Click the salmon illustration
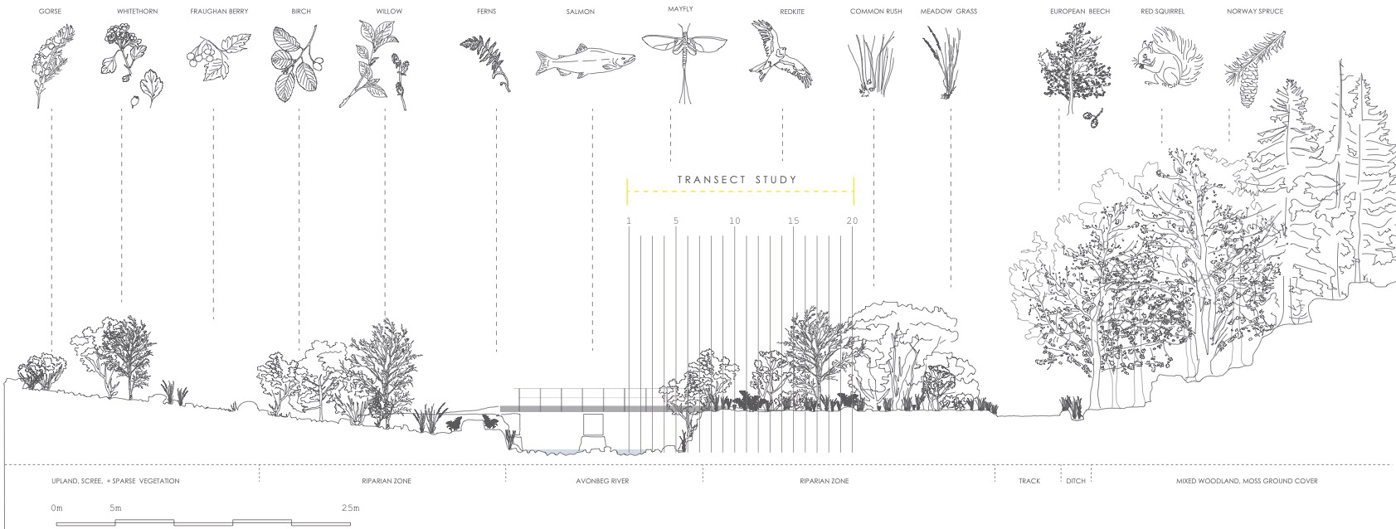click(x=585, y=61)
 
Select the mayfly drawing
click(x=684, y=58)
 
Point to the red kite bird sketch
click(x=781, y=54)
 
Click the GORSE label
click(x=50, y=12)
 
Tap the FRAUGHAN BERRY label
click(x=219, y=12)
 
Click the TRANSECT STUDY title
click(x=737, y=180)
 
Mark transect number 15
click(x=794, y=221)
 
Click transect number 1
click(x=630, y=221)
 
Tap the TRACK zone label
click(x=1029, y=481)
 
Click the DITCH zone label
click(x=1075, y=481)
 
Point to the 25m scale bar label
click(x=350, y=507)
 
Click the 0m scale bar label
click(x=56, y=507)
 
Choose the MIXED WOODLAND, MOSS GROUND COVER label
click(x=1247, y=481)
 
